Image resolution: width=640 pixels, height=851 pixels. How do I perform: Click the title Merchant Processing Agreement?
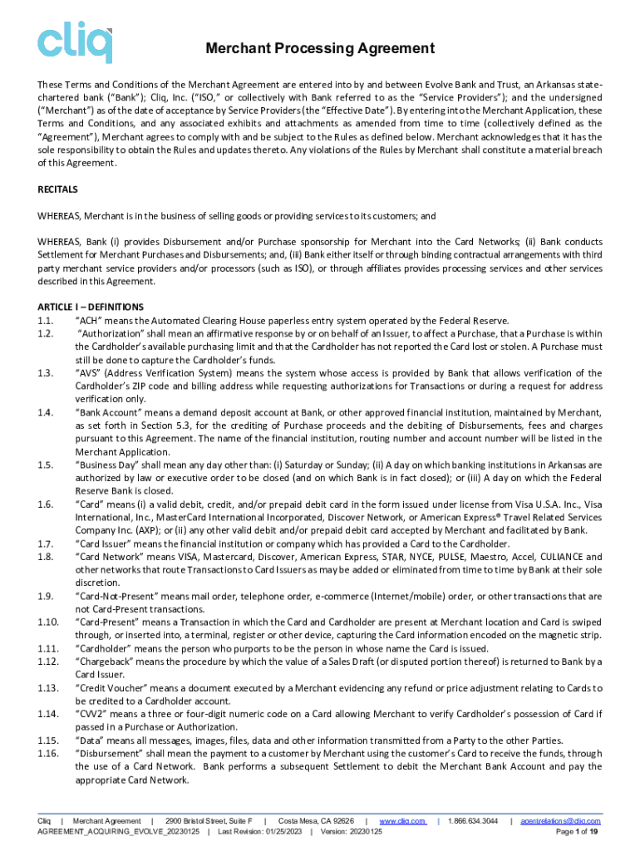320,49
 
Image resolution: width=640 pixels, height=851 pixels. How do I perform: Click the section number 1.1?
46,321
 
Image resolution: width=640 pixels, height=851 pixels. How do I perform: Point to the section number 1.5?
46,465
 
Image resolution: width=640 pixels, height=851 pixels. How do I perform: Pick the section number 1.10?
48,622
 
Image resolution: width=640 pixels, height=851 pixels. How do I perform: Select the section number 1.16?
48,753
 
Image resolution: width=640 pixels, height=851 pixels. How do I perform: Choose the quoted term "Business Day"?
106,465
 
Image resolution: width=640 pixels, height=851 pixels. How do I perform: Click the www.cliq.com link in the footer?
402,821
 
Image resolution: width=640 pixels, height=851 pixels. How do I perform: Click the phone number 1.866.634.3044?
472,821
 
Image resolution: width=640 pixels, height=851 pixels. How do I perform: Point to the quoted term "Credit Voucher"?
109,688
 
